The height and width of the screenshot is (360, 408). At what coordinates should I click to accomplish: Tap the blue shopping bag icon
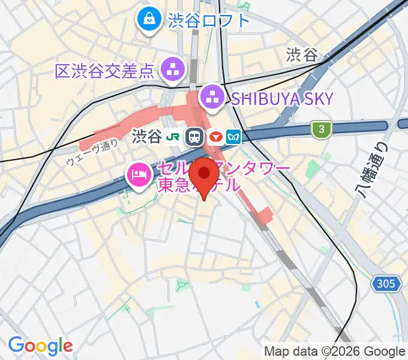(147, 20)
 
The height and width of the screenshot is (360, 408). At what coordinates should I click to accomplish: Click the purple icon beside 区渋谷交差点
(173, 71)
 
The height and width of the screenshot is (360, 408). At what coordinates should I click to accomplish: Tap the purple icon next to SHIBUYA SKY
(211, 97)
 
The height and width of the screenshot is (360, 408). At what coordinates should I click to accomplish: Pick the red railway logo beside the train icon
(215, 137)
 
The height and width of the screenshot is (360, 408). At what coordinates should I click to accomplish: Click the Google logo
(40, 346)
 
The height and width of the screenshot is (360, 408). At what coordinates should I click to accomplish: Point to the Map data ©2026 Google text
(335, 351)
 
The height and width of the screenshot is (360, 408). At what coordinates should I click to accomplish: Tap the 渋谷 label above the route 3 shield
(301, 56)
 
